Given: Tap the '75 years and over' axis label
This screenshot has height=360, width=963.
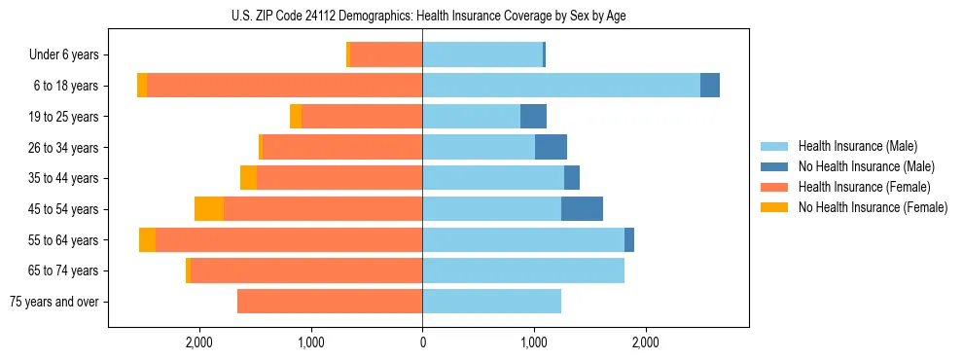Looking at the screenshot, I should click(54, 302).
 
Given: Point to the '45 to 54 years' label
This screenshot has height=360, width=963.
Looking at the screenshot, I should click(64, 209).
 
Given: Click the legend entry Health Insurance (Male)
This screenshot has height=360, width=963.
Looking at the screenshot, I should click(858, 146).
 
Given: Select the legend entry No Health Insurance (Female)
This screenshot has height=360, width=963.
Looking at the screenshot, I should click(873, 207).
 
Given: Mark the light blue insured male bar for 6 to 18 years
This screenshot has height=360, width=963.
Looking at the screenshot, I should click(560, 86).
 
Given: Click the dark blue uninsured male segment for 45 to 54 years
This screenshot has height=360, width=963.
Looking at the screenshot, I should click(582, 209).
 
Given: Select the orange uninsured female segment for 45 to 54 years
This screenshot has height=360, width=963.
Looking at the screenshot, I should click(209, 209).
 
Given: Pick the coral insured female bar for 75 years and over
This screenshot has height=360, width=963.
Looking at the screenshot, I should click(330, 302).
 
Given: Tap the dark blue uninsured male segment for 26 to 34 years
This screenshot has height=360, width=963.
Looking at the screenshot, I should click(551, 148).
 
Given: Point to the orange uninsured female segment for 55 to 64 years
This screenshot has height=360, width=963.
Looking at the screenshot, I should click(147, 240).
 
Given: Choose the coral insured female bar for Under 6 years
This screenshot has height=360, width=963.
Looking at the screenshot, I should click(386, 55).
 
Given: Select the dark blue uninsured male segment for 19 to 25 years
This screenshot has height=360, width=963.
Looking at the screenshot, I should click(533, 117).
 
